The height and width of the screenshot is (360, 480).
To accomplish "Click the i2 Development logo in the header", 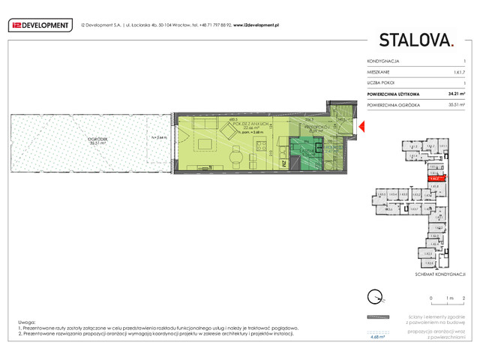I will pyautogui.click(x=39, y=25).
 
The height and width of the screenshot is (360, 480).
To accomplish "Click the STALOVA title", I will pyautogui.click(x=416, y=40).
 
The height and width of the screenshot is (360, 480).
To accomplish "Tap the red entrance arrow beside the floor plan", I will pyautogui.click(x=361, y=129).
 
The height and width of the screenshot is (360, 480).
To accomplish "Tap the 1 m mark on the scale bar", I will pyautogui.click(x=447, y=298).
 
